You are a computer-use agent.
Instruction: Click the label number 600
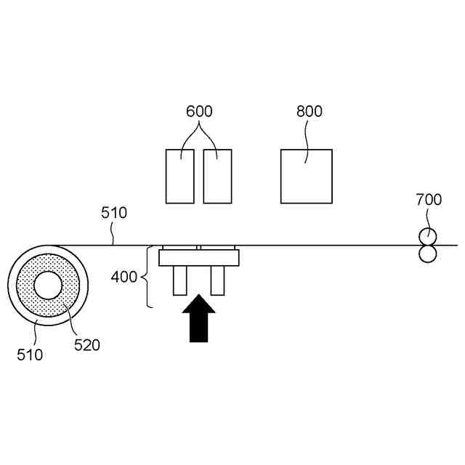[199, 112]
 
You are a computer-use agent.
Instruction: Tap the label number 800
[310, 112]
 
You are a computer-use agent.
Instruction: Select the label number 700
[428, 199]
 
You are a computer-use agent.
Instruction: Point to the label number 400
[123, 277]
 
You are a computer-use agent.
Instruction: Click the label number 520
[87, 344]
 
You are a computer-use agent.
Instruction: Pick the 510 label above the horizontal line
[114, 213]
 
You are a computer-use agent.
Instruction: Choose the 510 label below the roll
[31, 355]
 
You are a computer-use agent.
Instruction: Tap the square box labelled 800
[306, 177]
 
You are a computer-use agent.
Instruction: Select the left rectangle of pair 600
[180, 177]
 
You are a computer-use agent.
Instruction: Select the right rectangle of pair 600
[217, 177]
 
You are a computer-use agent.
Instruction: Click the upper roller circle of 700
[426, 237]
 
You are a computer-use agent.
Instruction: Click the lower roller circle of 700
[426, 254]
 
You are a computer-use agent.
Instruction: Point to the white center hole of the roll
[48, 286]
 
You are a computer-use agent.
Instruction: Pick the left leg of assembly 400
[179, 280]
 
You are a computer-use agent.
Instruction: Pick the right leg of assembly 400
[217, 280]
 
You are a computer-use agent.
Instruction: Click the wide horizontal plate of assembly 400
[198, 257]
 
